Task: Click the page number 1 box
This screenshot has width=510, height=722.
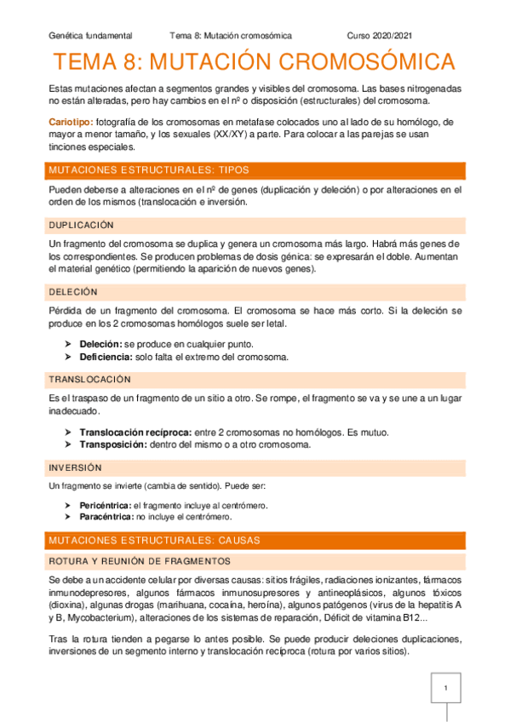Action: tap(444, 687)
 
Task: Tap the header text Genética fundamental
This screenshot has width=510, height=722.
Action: tap(90, 36)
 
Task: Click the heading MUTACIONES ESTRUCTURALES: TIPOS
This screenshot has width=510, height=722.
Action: tap(149, 169)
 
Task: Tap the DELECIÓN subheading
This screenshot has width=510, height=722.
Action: tap(74, 291)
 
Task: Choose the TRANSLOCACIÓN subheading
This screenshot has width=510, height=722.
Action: tap(89, 379)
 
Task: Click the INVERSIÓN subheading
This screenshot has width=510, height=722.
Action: tap(75, 467)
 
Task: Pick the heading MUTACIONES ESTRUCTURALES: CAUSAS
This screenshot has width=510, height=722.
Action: tap(154, 541)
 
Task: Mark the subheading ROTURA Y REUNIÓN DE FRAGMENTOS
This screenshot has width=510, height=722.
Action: tap(139, 560)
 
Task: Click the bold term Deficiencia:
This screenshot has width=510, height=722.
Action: tap(106, 356)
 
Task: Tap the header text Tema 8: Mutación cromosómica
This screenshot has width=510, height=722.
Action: tap(231, 36)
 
